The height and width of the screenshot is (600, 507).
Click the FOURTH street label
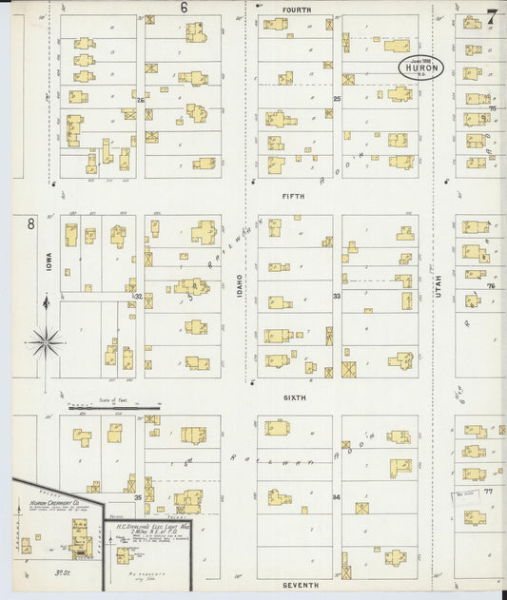point(296,9)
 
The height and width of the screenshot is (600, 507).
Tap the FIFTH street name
point(293,197)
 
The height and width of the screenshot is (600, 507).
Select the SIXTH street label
point(293,397)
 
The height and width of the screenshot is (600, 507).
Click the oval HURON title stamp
point(419,68)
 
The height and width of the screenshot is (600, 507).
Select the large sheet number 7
point(491,15)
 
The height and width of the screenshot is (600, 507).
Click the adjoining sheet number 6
point(185,8)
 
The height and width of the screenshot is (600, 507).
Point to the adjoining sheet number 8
point(30,224)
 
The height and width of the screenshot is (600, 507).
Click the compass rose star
point(46,339)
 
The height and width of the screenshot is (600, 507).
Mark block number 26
point(140,100)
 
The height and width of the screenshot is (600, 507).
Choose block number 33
point(337,296)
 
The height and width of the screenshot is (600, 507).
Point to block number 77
point(489,493)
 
